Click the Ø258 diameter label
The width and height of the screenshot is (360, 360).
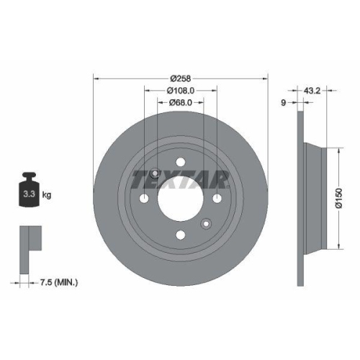point(181,78)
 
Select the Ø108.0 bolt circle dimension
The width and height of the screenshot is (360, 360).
point(181,91)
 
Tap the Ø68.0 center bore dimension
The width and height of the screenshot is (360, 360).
point(181,103)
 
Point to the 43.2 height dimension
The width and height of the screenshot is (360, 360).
point(312,91)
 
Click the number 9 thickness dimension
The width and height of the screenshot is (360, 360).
point(284,103)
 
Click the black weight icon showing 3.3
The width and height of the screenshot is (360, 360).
point(30,192)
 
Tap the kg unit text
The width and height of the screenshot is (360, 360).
point(48,195)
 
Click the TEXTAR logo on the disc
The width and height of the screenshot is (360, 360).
point(181,177)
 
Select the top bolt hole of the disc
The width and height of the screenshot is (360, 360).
point(181,161)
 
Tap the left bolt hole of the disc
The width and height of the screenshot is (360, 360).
point(145,199)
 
